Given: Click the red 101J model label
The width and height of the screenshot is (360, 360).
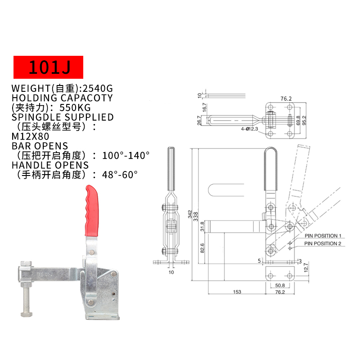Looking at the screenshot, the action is pyautogui.click(x=48, y=67).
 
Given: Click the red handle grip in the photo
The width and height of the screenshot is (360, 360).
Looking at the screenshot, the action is pyautogui.click(x=92, y=211).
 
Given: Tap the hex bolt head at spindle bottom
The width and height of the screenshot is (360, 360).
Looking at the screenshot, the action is pyautogui.click(x=27, y=314).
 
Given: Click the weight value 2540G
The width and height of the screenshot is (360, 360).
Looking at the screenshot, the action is pyautogui.click(x=98, y=88).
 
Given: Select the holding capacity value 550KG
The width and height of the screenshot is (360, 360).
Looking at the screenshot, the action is pyautogui.click(x=75, y=108).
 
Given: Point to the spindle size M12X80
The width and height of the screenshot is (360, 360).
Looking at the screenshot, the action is pyautogui.click(x=30, y=136).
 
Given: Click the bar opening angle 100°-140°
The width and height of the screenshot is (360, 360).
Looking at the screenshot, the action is pyautogui.click(x=126, y=156).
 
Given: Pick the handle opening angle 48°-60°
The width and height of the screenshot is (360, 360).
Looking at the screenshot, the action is pyautogui.click(x=120, y=175).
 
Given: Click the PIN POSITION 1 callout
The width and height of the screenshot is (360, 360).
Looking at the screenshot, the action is pyautogui.click(x=323, y=236).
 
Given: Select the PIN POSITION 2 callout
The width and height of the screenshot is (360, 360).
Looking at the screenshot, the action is pyautogui.click(x=323, y=243).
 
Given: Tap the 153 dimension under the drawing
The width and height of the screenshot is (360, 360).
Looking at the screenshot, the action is pyautogui.click(x=237, y=292).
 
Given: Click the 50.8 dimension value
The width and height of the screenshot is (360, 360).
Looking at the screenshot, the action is pyautogui.click(x=280, y=285).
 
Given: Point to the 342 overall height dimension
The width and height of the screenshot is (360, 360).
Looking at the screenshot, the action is pyautogui.click(x=190, y=214).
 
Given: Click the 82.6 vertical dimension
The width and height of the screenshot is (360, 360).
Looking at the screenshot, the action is pyautogui.click(x=202, y=248).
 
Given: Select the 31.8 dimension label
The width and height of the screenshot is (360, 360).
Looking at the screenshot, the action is pyautogui.click(x=202, y=226).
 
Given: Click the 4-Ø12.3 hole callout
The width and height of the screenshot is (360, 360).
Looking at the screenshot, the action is pyautogui.click(x=249, y=129).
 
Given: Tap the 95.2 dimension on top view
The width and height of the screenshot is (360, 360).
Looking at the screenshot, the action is pyautogui.click(x=304, y=120).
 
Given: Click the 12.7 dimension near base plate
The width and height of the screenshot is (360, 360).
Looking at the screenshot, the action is pyautogui.click(x=306, y=268).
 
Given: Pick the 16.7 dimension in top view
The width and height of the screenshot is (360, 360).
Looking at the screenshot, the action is pyautogui.click(x=205, y=108).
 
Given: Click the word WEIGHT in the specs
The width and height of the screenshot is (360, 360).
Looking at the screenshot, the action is pyautogui.click(x=31, y=88).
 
